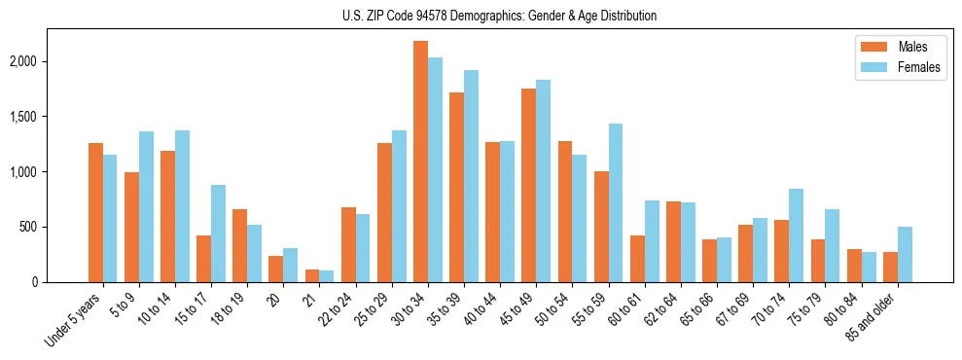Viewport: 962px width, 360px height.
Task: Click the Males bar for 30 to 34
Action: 420,162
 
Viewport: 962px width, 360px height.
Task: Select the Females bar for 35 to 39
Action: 471,176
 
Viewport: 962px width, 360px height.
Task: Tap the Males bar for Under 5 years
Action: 95,212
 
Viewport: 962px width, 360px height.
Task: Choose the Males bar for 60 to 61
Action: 637,259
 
